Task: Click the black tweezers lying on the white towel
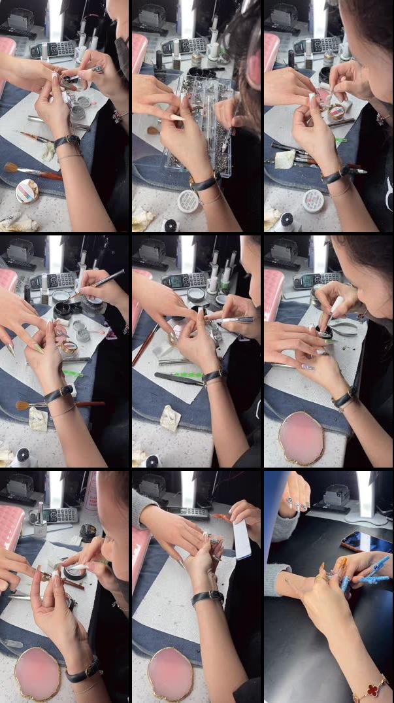tap(178, 379)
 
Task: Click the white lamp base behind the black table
tap(361, 517)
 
